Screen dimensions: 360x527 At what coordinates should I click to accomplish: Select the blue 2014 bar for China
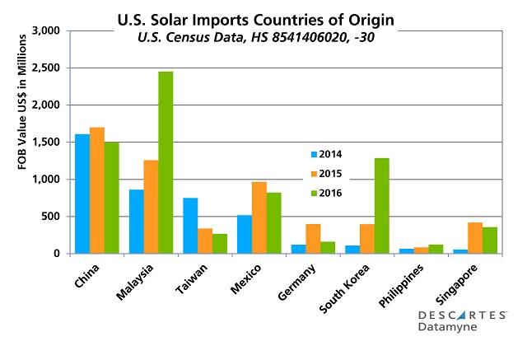[x=82, y=194]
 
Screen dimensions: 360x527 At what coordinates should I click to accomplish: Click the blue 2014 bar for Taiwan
[x=190, y=226]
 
